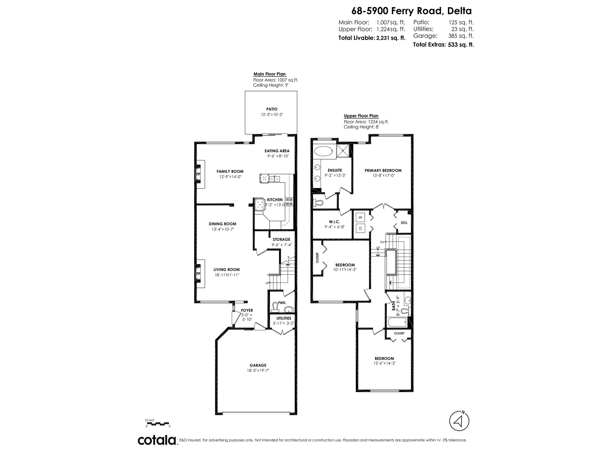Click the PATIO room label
click(x=272, y=109)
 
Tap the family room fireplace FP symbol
click(x=198, y=174)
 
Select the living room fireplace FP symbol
click(x=198, y=274)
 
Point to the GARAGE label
click(x=258, y=365)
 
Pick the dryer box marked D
click(x=360, y=228)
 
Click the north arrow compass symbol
click(x=459, y=421)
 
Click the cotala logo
click(x=157, y=440)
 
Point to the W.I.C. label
click(x=334, y=222)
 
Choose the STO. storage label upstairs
click(x=404, y=223)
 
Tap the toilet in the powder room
click(x=275, y=307)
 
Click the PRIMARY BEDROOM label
click(x=383, y=171)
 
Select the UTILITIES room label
click(x=284, y=318)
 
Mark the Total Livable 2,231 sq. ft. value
click(x=391, y=38)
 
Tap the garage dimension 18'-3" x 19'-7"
click(x=258, y=370)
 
